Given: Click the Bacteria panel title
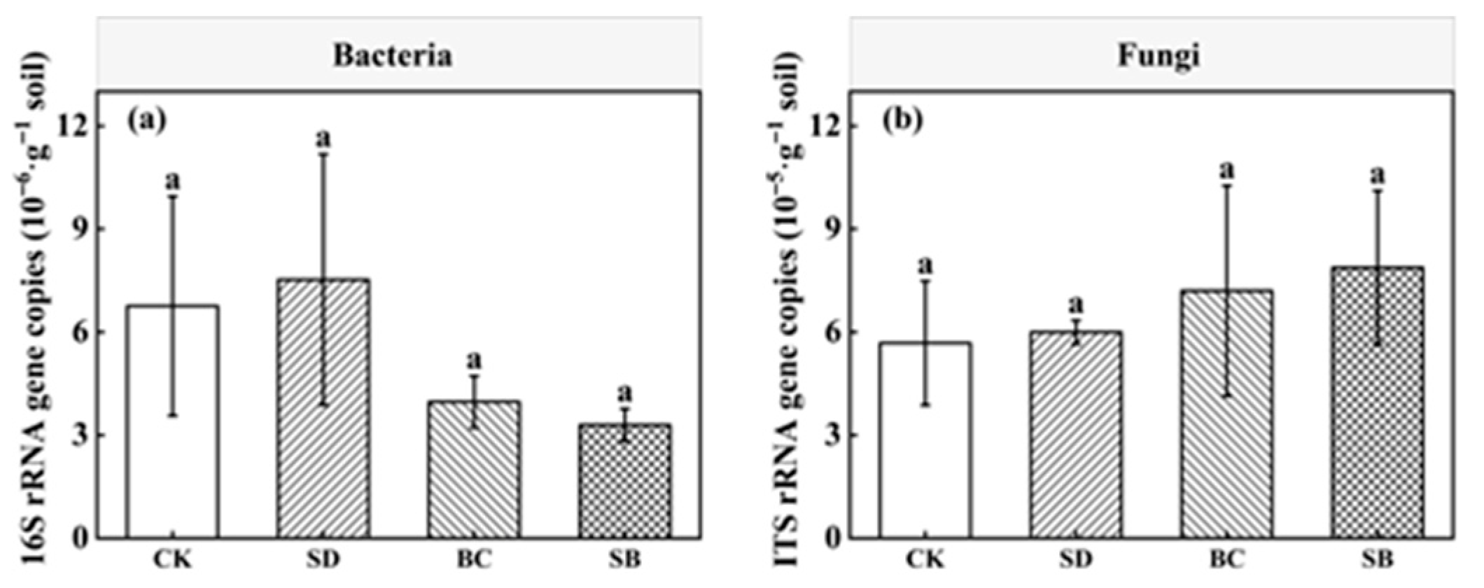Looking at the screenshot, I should pos(392,55).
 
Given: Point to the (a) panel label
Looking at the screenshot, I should pos(146,120).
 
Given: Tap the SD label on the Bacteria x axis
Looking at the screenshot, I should pos(323,559).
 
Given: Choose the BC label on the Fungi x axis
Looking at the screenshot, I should pos(1227,559).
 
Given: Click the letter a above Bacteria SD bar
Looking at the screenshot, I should pos(323,138).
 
